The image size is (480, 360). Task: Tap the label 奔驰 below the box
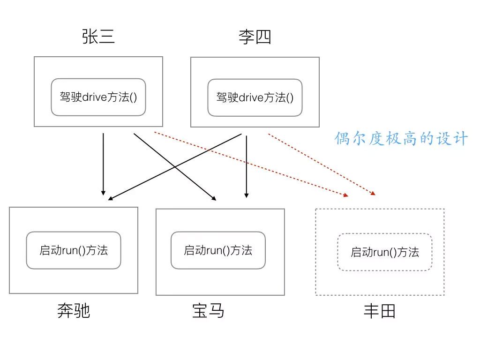(74, 311)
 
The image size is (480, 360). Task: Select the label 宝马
(208, 311)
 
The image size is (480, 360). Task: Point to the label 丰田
(380, 311)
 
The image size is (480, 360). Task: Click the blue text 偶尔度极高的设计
(401, 139)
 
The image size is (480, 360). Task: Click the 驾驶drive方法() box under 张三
(98, 97)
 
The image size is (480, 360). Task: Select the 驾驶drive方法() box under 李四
(255, 97)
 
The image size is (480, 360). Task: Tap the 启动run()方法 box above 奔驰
(74, 250)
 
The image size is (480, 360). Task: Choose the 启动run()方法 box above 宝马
(218, 250)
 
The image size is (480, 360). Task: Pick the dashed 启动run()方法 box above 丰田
(384, 252)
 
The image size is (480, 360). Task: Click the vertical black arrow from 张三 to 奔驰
(103, 164)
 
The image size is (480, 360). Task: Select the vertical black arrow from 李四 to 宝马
(246, 164)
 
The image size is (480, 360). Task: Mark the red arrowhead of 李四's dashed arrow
(374, 193)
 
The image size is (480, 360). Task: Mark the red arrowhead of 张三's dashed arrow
(346, 195)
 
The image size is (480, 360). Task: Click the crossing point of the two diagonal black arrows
(175, 166)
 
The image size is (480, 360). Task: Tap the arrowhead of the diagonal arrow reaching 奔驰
(110, 198)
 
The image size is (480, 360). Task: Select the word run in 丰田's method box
(381, 252)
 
